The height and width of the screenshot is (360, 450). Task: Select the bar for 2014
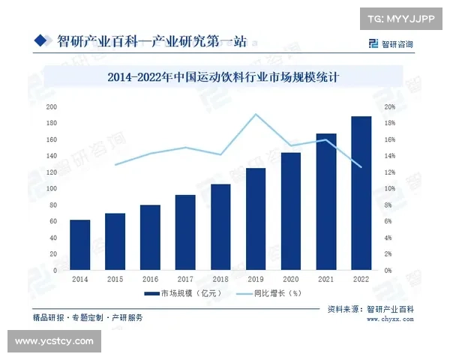pyautogui.click(x=79, y=244)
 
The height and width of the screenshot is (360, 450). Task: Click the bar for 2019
pyautogui.click(x=256, y=219)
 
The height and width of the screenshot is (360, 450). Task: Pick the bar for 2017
pyautogui.click(x=185, y=232)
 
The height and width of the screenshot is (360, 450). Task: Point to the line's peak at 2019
pyautogui.click(x=256, y=114)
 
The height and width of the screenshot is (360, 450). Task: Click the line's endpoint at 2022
pyautogui.click(x=361, y=166)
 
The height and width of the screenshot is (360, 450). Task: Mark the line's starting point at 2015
pyautogui.click(x=115, y=164)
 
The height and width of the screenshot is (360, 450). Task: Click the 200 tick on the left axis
pyautogui.click(x=52, y=106)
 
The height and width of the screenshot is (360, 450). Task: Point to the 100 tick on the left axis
pyautogui.click(x=52, y=188)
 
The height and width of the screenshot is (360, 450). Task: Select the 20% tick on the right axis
pyautogui.click(x=390, y=106)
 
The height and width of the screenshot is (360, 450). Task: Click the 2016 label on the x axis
pyautogui.click(x=150, y=279)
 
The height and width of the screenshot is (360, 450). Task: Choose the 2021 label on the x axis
pyautogui.click(x=325, y=279)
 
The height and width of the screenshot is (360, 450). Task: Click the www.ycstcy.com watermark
pyautogui.click(x=54, y=341)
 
